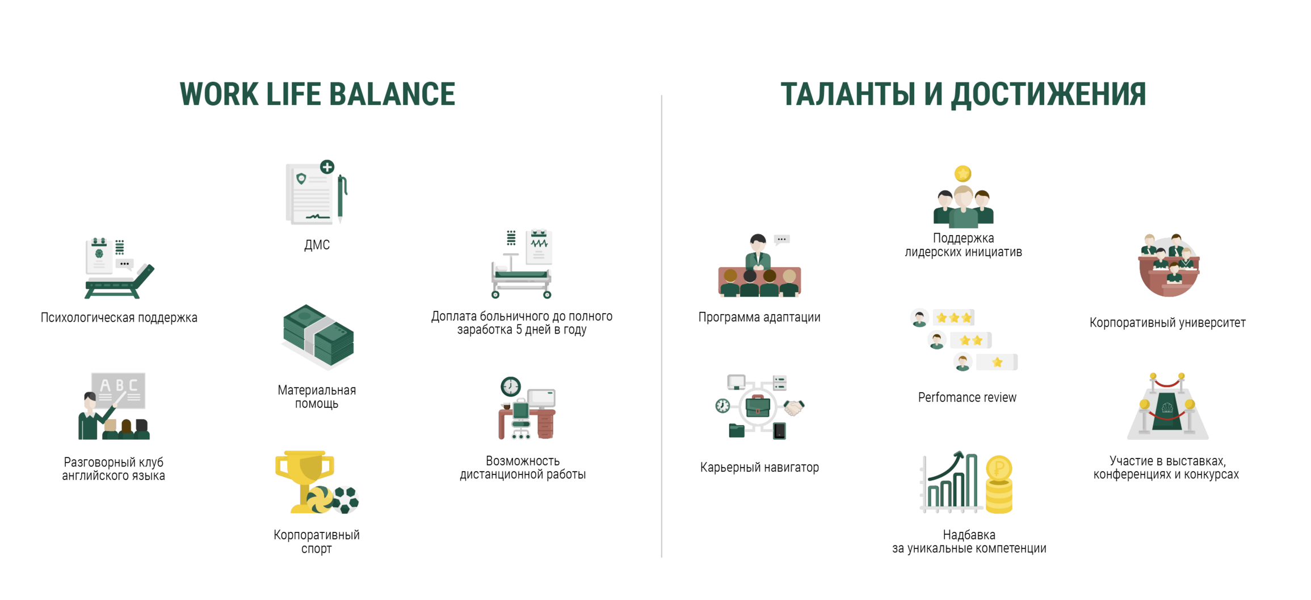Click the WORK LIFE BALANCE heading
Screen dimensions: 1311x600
(317, 94)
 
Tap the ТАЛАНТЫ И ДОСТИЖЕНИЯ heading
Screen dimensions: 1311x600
(963, 94)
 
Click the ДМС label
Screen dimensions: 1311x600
(317, 245)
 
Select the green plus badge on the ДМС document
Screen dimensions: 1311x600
(327, 166)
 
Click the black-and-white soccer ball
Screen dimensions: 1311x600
(346, 500)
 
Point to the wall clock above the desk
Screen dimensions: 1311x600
(511, 386)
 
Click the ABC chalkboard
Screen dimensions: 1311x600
(119, 390)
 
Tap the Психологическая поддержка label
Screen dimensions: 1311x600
(119, 318)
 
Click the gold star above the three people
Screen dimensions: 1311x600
(963, 173)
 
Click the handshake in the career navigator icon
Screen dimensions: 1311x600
(794, 407)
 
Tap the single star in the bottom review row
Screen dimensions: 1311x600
(997, 363)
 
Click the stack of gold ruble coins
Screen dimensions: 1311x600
(999, 485)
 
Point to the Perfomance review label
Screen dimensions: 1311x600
(967, 398)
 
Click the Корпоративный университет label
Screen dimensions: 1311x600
(1167, 323)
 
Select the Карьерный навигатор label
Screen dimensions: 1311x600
(759, 468)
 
